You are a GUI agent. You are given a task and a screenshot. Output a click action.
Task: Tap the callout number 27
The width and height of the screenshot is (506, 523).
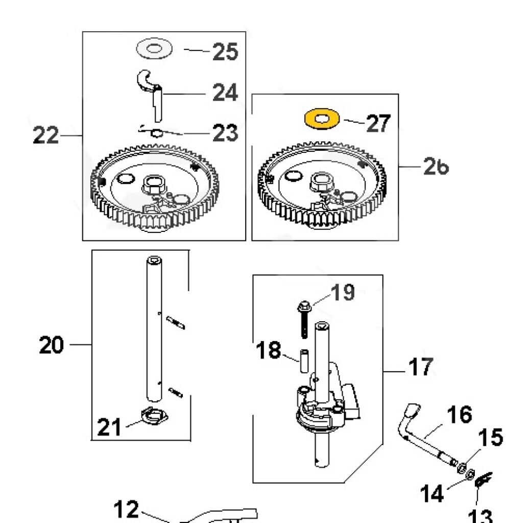pyautogui.click(x=378, y=124)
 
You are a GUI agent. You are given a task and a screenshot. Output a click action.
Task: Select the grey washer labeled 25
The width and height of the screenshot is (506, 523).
pyautogui.click(x=154, y=50)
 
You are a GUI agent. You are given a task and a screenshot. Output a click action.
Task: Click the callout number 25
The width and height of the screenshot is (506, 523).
pyautogui.click(x=225, y=52)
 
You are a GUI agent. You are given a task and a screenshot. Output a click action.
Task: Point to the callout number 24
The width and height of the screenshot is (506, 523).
pyautogui.click(x=225, y=93)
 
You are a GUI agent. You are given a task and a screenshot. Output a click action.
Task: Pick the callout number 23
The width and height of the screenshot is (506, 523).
pyautogui.click(x=225, y=133)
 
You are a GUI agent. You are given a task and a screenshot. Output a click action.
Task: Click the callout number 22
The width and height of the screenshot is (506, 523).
pyautogui.click(x=45, y=136)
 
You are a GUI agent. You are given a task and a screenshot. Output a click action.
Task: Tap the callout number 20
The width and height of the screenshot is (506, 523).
pyautogui.click(x=52, y=346)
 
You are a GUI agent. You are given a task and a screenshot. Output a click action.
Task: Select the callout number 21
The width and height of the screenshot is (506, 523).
pyautogui.click(x=110, y=427)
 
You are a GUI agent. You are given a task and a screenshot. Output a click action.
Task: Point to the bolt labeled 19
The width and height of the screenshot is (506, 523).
pyautogui.click(x=302, y=319)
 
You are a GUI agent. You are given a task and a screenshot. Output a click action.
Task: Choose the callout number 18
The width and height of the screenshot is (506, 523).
pyautogui.click(x=268, y=351)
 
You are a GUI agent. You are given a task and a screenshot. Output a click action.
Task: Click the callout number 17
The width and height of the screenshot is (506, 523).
pyautogui.click(x=420, y=367)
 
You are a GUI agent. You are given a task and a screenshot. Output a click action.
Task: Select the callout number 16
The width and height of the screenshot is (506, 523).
pyautogui.click(x=459, y=415)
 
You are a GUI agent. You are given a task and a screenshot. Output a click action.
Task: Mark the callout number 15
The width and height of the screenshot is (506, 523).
pyautogui.click(x=490, y=438)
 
